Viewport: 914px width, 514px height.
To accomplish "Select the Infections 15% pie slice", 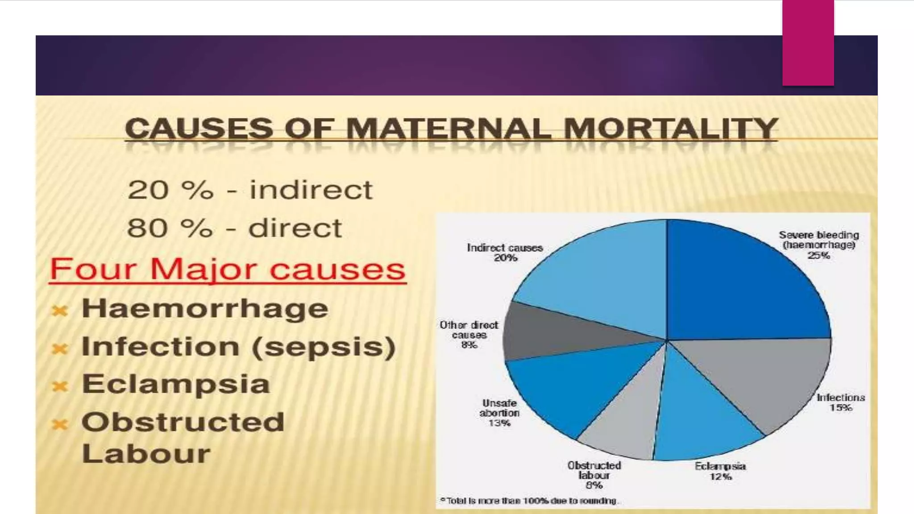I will (x=759, y=379).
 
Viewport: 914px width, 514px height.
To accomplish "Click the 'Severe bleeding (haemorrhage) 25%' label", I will (x=818, y=245).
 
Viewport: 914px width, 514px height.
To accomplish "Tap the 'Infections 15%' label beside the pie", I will (x=841, y=402).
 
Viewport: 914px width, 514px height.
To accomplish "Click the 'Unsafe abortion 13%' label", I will (x=499, y=413).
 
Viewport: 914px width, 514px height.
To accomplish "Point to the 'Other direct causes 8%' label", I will (x=469, y=335).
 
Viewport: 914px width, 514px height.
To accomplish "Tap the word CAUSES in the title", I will (x=199, y=129).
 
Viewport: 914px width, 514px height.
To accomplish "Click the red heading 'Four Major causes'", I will (x=227, y=269).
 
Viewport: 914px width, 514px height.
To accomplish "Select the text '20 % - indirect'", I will (x=249, y=190).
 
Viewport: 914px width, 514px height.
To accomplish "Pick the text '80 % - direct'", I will (x=234, y=228).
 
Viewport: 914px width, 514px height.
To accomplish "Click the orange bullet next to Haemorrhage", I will (x=60, y=310).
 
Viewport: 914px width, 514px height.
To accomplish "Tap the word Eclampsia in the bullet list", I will (x=176, y=384).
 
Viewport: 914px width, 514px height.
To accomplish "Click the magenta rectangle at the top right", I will (x=808, y=42).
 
